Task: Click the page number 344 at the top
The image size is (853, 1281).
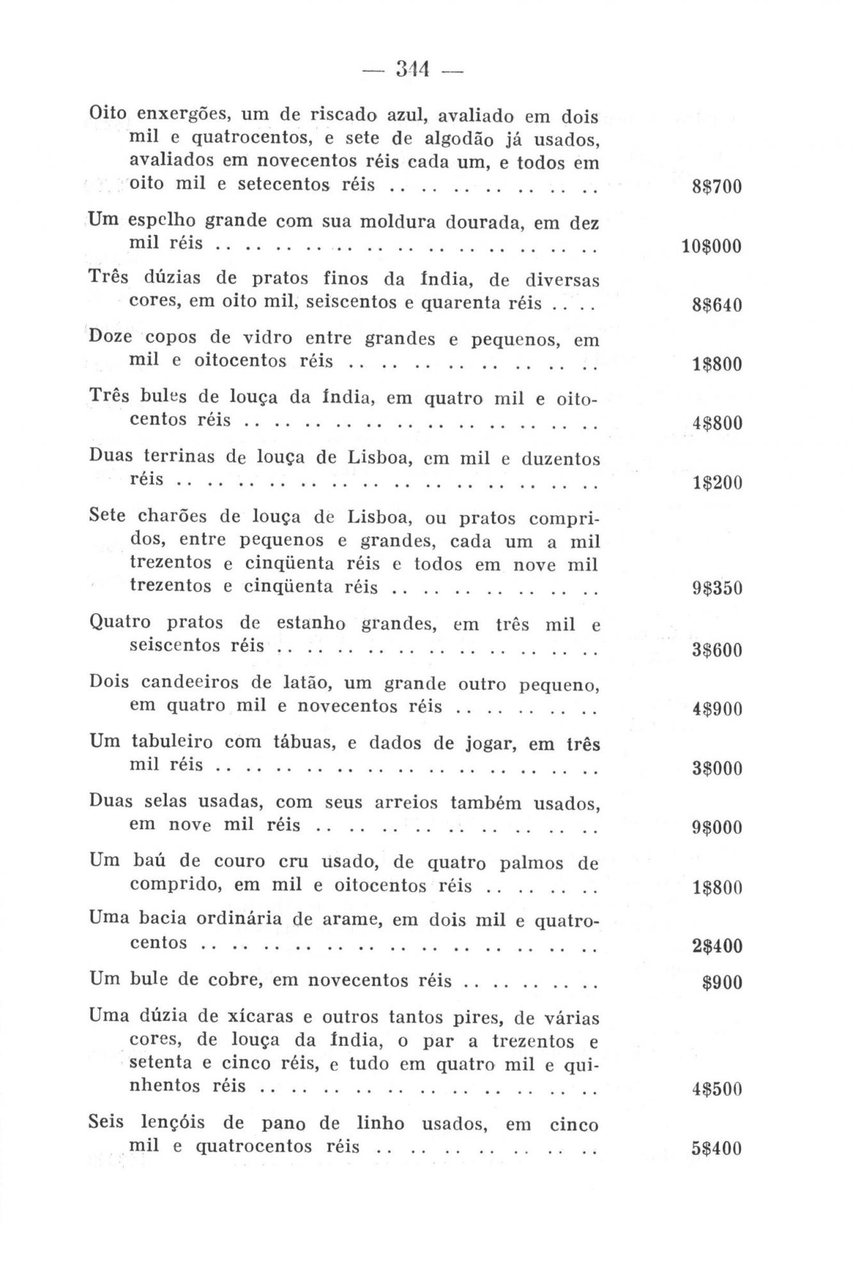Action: point(412,69)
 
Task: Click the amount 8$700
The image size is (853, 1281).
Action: point(717,188)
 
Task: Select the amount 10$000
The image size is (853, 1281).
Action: point(711,247)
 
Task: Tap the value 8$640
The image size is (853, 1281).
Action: point(717,305)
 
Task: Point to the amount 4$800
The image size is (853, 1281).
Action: point(717,423)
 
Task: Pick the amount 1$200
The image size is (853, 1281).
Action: point(717,482)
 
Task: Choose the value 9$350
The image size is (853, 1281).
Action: point(717,588)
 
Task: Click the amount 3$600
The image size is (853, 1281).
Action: point(717,651)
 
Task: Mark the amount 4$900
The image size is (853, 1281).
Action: point(717,710)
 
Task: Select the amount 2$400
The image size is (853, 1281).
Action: point(717,946)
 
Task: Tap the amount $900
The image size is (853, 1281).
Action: point(722,983)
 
